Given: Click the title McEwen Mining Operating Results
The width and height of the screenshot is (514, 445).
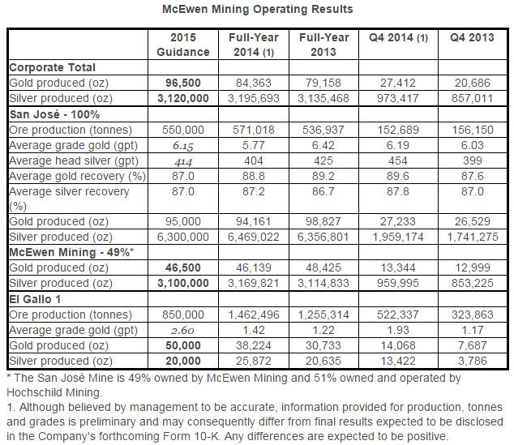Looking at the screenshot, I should [x=256, y=10].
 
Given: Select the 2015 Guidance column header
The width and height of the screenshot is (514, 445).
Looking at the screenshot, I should [x=184, y=45].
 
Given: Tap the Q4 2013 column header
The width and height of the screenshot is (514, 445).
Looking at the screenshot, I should [x=471, y=38].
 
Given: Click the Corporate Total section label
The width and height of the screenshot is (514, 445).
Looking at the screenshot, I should [x=52, y=67].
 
